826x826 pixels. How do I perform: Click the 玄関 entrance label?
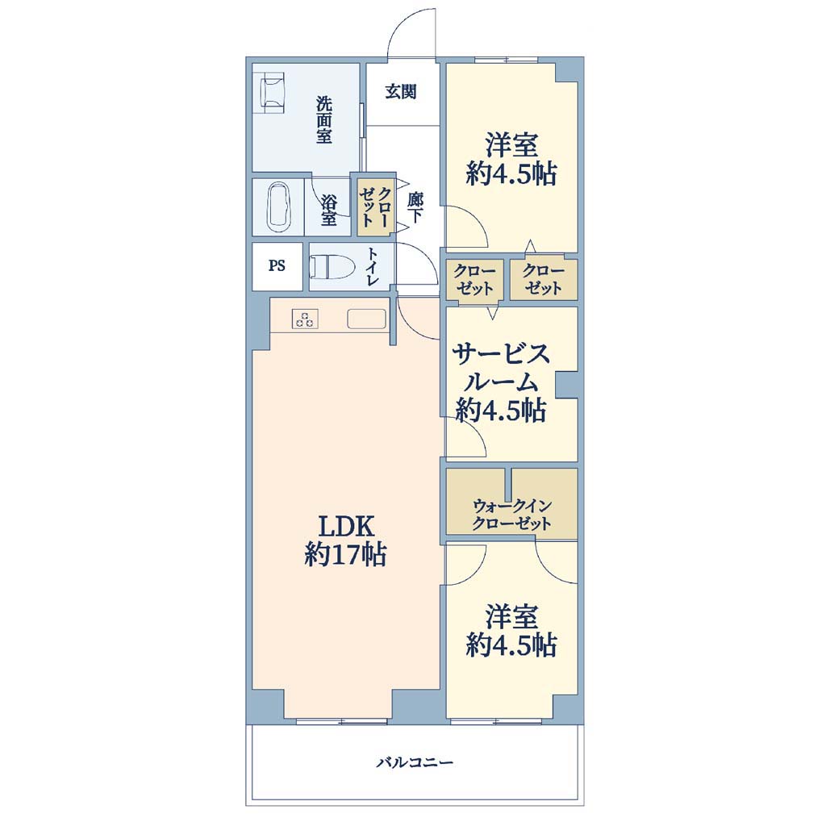401,92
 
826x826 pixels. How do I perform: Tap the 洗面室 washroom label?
324,119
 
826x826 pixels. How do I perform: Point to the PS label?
277,265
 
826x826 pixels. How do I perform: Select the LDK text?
345,526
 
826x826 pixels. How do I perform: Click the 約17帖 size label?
345,555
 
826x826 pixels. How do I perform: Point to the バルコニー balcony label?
415,762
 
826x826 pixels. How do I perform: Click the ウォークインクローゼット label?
511,515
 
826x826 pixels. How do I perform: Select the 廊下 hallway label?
415,207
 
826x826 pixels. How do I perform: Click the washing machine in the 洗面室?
272,92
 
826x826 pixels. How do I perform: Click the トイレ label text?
372,266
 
